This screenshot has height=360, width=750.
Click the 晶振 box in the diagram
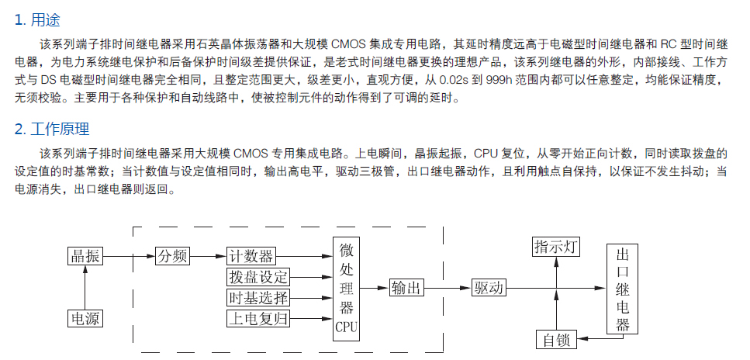[x=85, y=256]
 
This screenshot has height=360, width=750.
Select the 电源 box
[x=85, y=318]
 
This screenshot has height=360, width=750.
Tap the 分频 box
[x=173, y=256]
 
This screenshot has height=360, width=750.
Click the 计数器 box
[x=251, y=256]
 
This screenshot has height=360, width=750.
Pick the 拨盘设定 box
[x=258, y=277]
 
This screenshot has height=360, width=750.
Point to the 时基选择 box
[x=258, y=298]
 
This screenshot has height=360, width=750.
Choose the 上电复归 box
[x=258, y=318]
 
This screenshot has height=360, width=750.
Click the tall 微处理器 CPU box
[x=346, y=289]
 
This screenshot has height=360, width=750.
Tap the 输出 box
[x=406, y=288]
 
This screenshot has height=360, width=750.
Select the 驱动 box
[x=489, y=288]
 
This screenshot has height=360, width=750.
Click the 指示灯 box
[x=556, y=247]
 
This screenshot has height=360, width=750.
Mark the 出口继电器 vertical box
[x=622, y=289]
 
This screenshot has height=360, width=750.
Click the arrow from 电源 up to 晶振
[x=85, y=288]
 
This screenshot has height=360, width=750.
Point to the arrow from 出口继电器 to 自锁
[x=599, y=339]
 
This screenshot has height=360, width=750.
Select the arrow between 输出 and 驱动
[x=448, y=288]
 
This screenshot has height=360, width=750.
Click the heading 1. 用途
[x=37, y=20]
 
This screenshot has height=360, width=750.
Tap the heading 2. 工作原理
[x=52, y=129]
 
